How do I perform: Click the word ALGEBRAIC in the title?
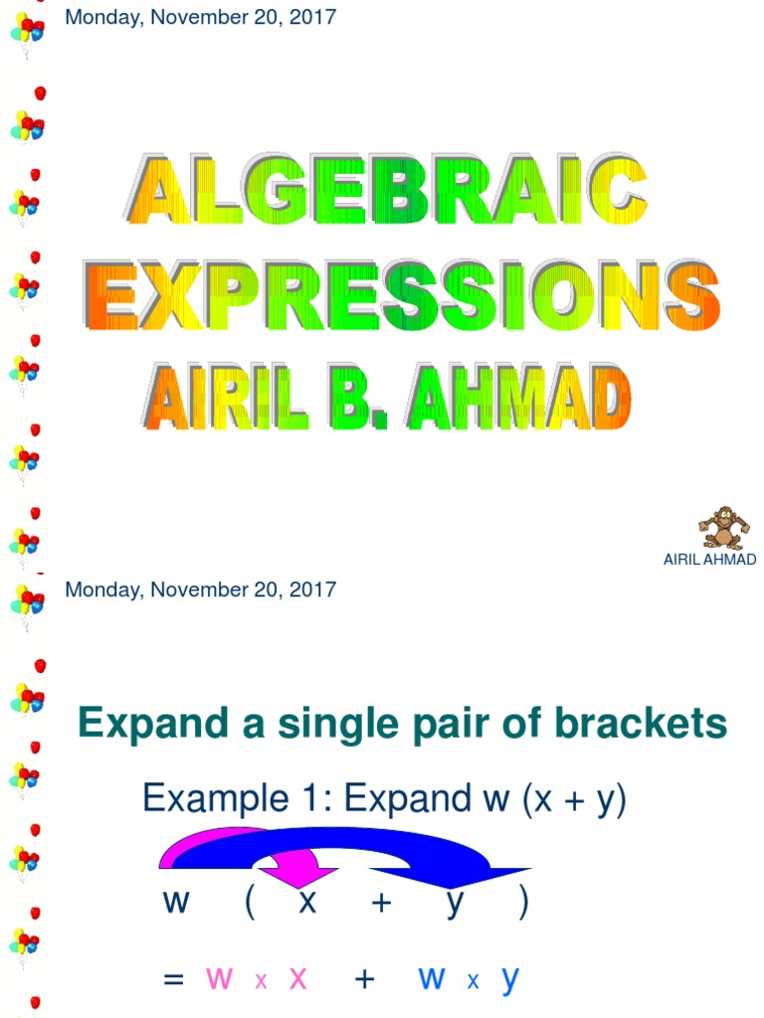tap(388, 191)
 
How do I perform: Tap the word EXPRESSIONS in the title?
tap(402, 295)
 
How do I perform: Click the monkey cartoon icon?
tap(722, 528)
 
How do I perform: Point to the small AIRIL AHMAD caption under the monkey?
tap(709, 560)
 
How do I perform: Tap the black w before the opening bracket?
tap(175, 903)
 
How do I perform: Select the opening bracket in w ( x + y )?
tap(249, 904)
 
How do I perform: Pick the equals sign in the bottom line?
tap(173, 979)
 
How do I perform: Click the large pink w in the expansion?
tap(219, 978)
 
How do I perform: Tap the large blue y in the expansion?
tap(509, 979)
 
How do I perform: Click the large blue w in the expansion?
tap(432, 978)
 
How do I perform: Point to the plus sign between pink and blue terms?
tap(364, 979)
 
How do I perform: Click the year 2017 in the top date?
tap(314, 17)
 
